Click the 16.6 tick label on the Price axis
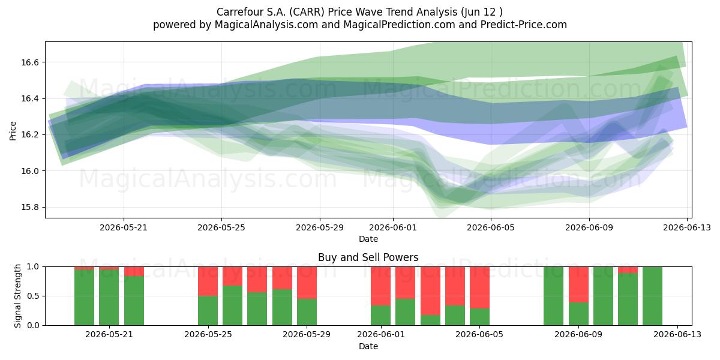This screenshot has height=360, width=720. click(x=30, y=62)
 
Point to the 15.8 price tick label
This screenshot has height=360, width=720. click(x=30, y=208)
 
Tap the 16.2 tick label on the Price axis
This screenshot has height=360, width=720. click(x=30, y=134)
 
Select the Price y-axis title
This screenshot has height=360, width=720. click(x=13, y=131)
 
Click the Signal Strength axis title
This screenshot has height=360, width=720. click(x=17, y=296)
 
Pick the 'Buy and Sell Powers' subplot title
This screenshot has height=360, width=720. click(x=368, y=257)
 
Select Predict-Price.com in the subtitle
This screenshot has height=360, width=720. click(x=524, y=25)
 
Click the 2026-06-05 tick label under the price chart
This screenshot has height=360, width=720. click(x=491, y=227)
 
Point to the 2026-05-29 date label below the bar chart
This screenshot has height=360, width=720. click(x=307, y=334)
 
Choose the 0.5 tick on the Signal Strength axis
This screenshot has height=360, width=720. click(x=34, y=296)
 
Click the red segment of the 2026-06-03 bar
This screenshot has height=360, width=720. click(x=430, y=290)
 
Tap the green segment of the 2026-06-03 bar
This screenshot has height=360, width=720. click(x=430, y=320)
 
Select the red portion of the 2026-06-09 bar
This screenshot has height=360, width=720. click(x=578, y=284)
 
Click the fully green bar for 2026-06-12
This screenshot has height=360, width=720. click(x=653, y=296)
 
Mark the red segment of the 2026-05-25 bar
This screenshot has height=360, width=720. click(x=208, y=281)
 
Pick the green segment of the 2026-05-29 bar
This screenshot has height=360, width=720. click(x=307, y=312)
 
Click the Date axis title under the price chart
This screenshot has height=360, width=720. click(x=368, y=239)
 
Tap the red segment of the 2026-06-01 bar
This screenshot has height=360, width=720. click(x=380, y=286)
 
